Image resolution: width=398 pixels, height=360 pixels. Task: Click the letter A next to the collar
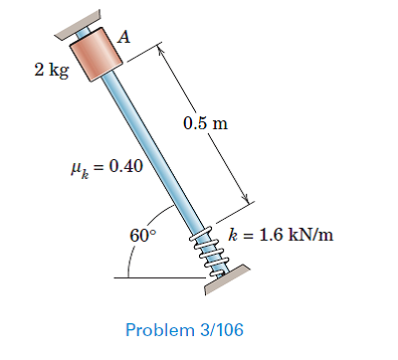[125, 36]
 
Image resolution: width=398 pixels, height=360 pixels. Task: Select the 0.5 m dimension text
[205, 124]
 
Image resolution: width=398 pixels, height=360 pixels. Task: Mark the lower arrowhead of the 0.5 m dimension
[243, 201]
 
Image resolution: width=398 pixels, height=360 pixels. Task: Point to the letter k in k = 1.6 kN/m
[233, 236]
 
